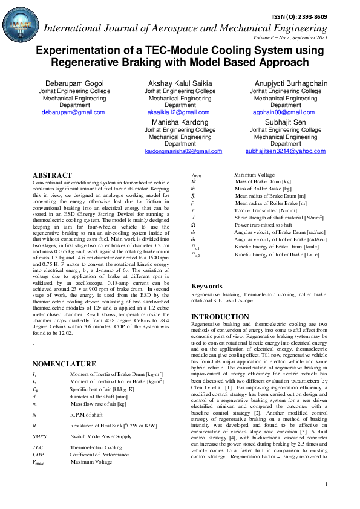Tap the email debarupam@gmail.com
pyautogui.click(x=73, y=112)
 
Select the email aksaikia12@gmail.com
pyautogui.click(x=180, y=112)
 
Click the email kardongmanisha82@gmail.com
pyautogui.click(x=180, y=151)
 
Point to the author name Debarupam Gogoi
pyautogui.click(x=73, y=82)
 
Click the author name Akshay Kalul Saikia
pyautogui.click(x=180, y=82)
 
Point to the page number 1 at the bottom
pyautogui.click(x=326, y=484)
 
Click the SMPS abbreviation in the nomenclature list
pyautogui.click(x=40, y=435)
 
